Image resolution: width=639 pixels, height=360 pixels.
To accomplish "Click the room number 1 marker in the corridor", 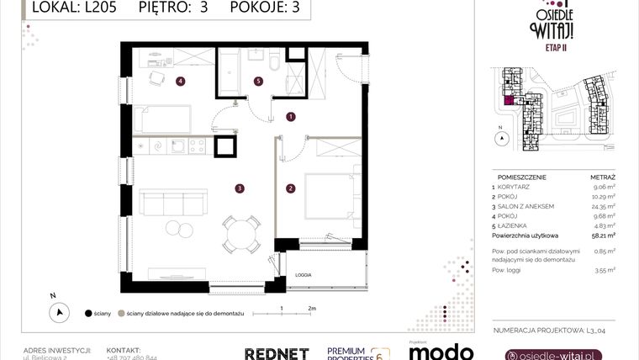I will pos(291,117).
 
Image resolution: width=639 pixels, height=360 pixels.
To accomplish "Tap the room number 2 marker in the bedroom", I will pos(291,188).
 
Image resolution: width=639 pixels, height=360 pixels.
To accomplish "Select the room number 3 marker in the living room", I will pos(240,188).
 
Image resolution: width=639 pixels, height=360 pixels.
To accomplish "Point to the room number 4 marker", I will pos(180,81).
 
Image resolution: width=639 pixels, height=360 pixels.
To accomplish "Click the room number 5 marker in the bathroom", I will pos(259,81).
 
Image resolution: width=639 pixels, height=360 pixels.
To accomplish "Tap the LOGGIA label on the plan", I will pos(303,274).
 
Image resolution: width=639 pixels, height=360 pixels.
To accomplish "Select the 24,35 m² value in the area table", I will pos(603,205).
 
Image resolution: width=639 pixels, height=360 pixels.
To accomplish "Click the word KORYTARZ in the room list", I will pos(518,188).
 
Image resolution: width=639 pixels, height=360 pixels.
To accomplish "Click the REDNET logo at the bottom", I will pos(276,353).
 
